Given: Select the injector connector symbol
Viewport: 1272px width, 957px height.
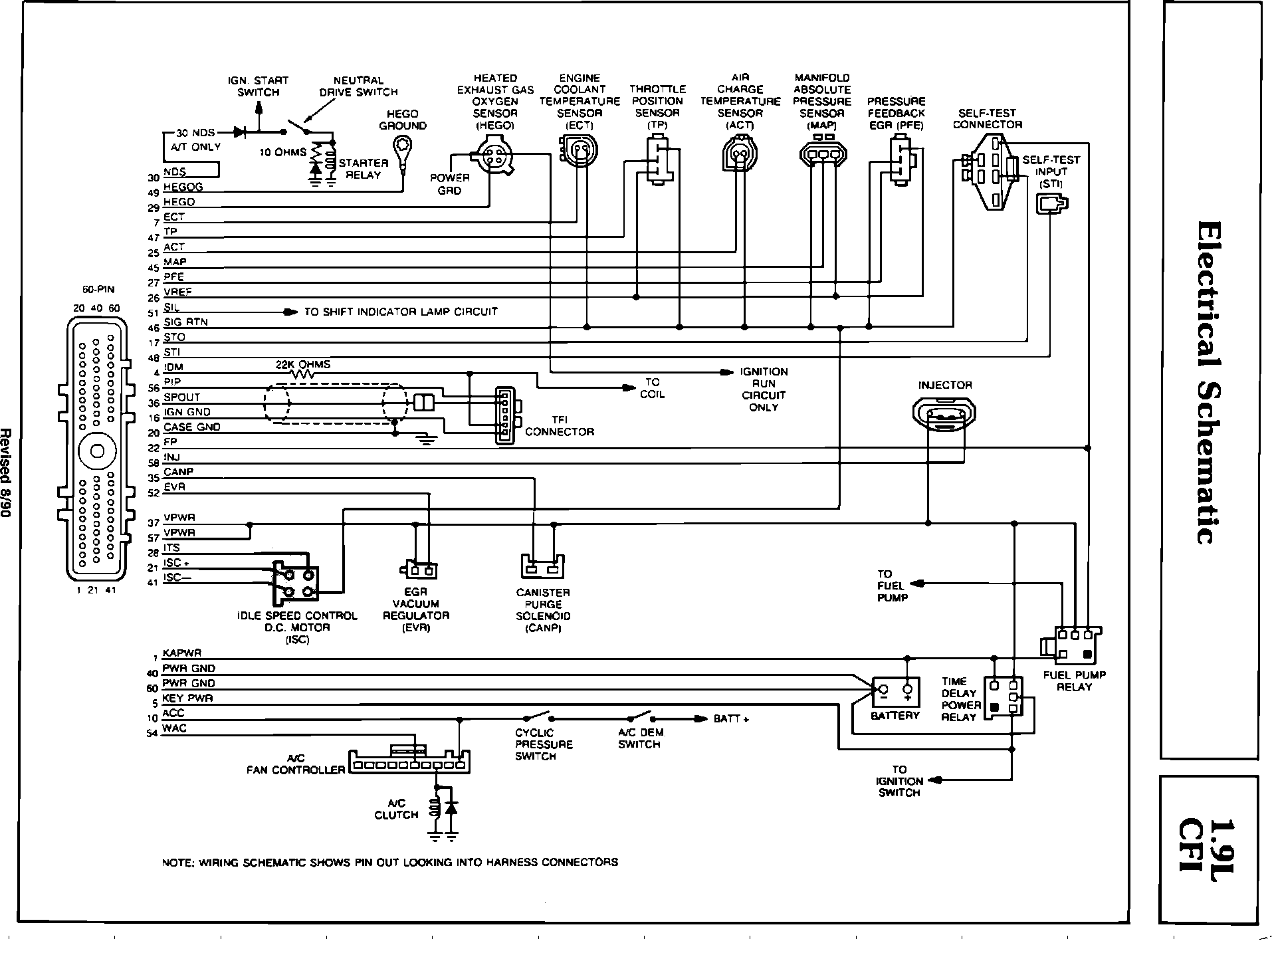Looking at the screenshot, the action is click(x=944, y=415).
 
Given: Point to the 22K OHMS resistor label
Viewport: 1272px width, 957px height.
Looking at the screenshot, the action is click(x=303, y=365).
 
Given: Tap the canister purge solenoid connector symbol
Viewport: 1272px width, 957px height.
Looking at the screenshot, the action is click(x=542, y=566).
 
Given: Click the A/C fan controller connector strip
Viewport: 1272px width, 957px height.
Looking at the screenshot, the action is click(x=409, y=762).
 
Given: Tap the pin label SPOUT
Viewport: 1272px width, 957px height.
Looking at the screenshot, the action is click(x=181, y=397).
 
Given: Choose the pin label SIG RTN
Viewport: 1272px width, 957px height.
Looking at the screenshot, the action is click(x=185, y=322).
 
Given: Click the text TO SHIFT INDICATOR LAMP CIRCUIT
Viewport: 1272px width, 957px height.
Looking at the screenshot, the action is click(x=401, y=312).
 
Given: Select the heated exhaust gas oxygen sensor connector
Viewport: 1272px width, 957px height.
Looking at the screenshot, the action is click(x=494, y=157).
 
